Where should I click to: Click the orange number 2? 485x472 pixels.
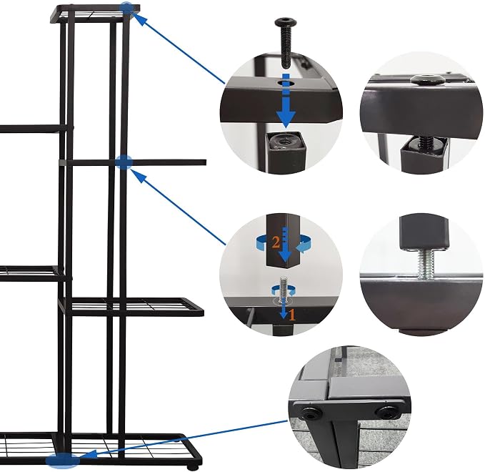276,242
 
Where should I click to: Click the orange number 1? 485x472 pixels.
292,315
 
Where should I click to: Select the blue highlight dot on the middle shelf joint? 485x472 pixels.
124,162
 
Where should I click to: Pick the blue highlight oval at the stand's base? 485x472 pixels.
63,460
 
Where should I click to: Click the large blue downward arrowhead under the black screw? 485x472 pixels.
286,119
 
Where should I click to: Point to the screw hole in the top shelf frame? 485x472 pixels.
287,83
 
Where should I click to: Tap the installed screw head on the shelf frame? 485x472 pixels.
428,79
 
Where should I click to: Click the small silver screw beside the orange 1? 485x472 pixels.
284,289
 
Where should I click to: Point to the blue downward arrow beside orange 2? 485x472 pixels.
285,244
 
